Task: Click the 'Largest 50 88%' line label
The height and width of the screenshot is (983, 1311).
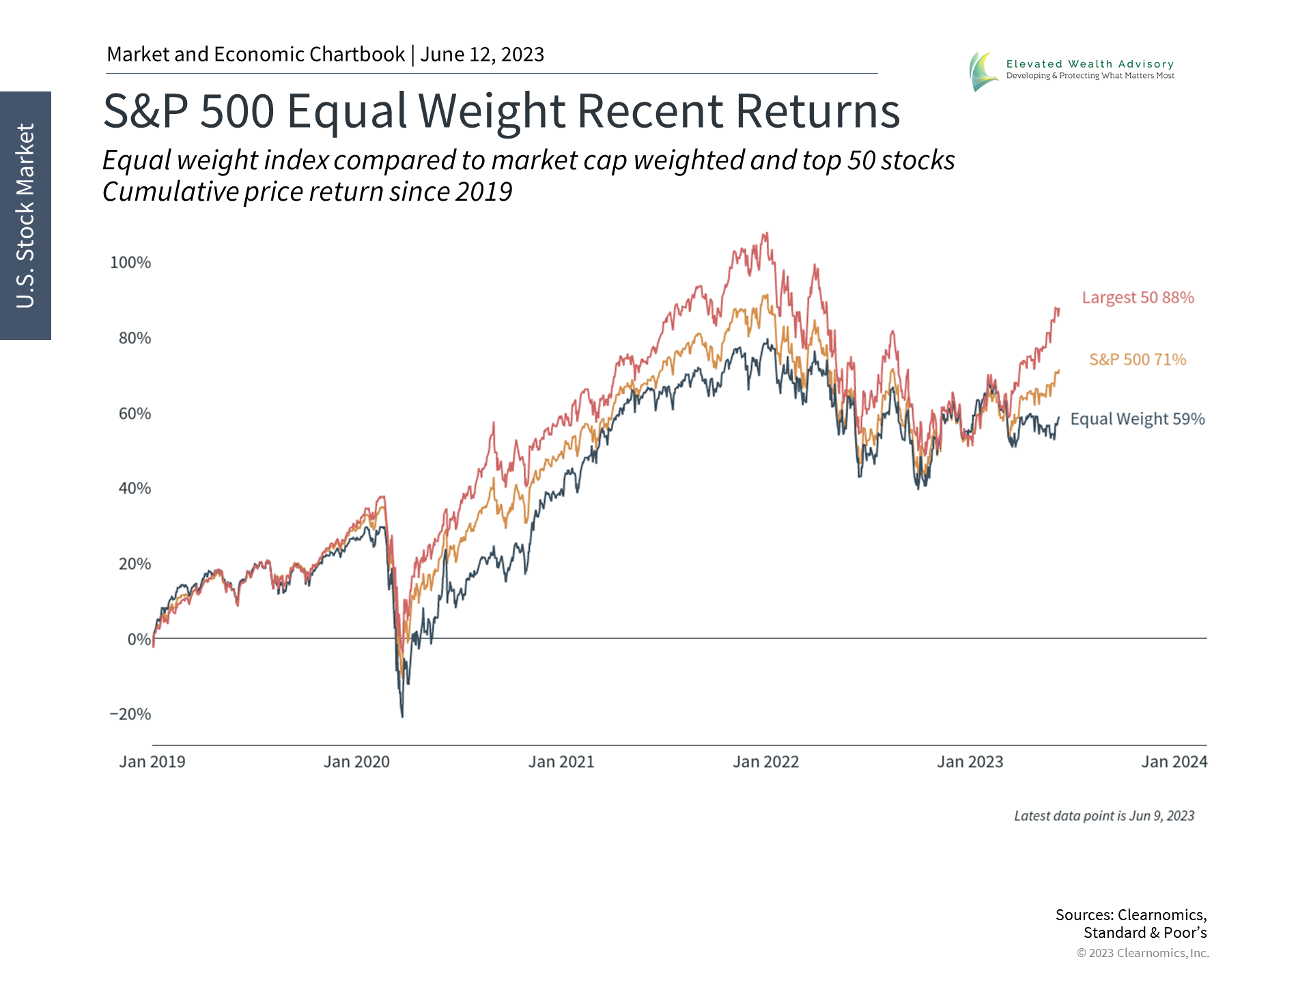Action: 1138,298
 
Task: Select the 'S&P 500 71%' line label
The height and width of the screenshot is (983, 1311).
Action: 1138,360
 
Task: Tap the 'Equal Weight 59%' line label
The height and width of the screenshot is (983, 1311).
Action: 1137,419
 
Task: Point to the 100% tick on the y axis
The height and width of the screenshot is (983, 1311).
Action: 130,263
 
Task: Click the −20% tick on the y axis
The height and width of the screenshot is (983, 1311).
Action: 130,715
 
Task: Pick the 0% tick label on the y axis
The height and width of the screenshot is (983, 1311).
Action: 139,640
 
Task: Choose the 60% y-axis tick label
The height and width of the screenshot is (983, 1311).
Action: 135,414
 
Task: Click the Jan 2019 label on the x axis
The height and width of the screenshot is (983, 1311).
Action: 152,762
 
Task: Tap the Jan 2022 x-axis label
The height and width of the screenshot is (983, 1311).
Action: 765,762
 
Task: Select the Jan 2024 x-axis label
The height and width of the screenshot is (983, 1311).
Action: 1174,762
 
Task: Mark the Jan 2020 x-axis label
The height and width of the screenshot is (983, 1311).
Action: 356,762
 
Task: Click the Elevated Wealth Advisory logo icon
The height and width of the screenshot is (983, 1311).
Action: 984,71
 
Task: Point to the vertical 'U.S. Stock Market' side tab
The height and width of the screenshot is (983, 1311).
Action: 25,216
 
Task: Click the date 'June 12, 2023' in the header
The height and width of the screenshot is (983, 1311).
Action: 482,55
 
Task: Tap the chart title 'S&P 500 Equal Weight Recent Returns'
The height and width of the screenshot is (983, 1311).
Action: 501,111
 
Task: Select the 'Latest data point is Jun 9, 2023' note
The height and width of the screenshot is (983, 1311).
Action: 1103,816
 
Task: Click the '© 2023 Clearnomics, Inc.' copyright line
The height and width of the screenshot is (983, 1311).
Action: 1142,953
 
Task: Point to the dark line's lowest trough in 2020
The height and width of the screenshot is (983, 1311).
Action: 402,716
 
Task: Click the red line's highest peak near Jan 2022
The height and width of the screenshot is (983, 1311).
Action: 766,233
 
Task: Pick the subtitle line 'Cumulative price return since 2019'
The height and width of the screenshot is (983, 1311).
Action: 307,192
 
